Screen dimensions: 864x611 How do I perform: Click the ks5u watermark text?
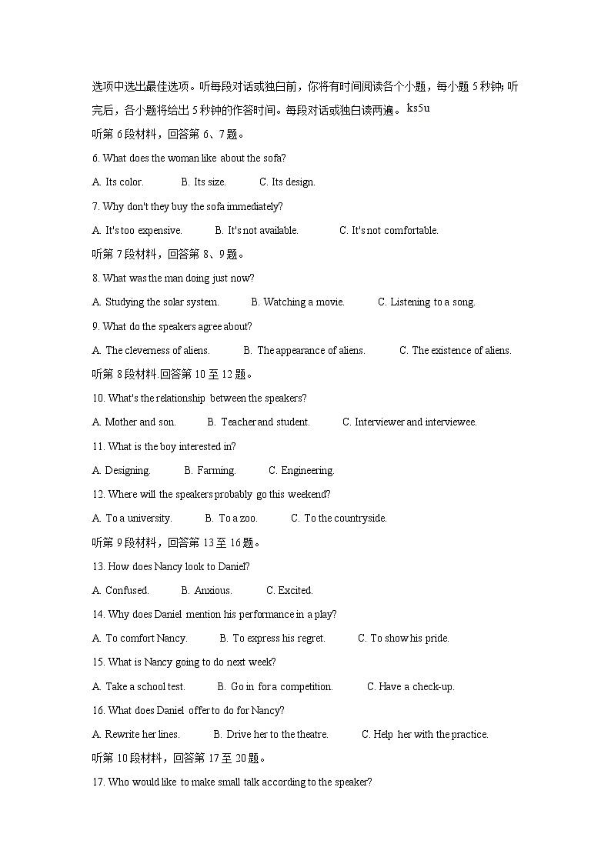pos(418,108)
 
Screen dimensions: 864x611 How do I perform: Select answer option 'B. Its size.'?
pos(204,182)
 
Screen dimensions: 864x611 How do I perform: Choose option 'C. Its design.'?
pos(287,182)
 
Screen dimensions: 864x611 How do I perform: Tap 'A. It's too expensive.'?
pos(137,230)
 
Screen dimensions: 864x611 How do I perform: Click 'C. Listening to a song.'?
pos(426,302)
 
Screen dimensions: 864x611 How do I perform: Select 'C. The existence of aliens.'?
pos(455,350)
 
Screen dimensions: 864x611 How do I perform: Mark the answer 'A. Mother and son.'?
pos(134,422)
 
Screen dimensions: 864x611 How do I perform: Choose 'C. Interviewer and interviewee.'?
pos(409,422)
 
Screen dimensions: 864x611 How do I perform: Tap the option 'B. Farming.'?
pos(210,470)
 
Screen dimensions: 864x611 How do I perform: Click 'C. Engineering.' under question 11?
pos(301,470)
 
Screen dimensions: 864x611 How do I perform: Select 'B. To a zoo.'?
pos(232,519)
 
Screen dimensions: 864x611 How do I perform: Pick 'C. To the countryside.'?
pos(339,519)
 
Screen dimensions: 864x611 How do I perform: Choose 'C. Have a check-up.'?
pos(410,686)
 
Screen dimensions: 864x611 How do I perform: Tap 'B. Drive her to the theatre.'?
pos(271,735)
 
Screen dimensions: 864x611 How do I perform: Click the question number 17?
pos(98,782)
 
